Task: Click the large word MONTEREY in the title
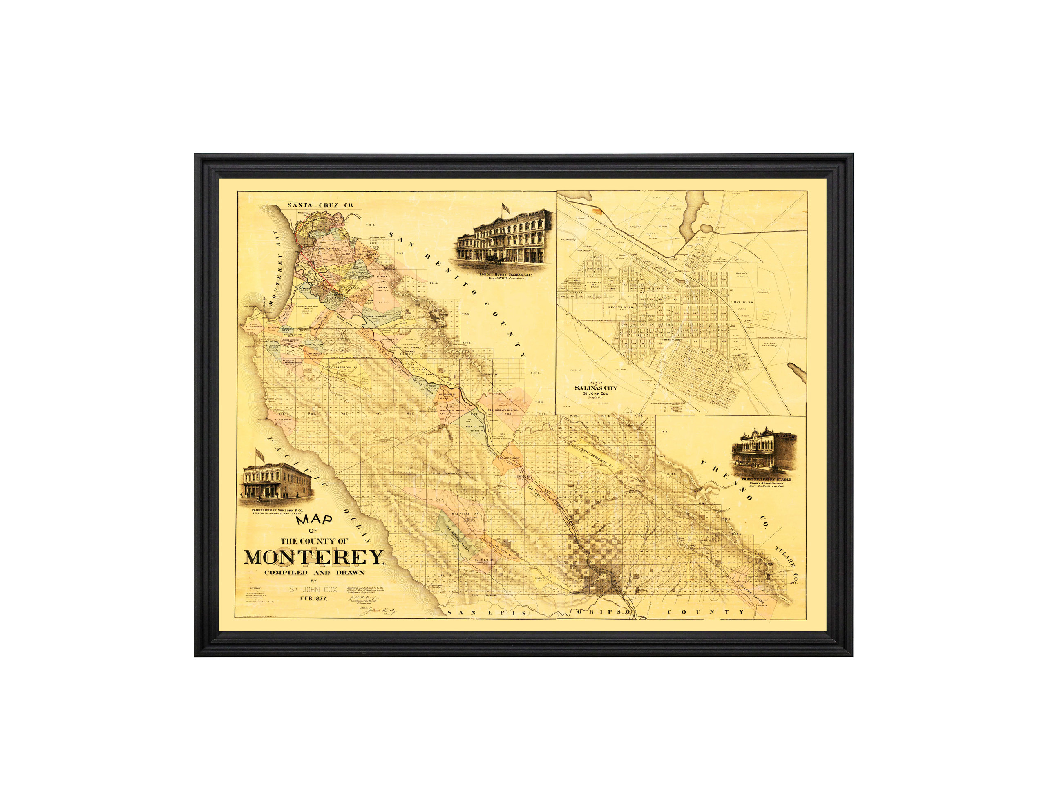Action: [314, 558]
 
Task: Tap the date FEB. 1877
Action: [314, 598]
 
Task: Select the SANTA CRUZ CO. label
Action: [320, 205]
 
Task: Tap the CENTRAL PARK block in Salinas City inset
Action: [594, 284]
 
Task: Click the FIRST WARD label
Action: [742, 302]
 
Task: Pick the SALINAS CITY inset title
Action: [596, 388]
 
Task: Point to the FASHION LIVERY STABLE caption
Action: [766, 479]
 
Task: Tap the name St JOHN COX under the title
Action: [313, 590]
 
